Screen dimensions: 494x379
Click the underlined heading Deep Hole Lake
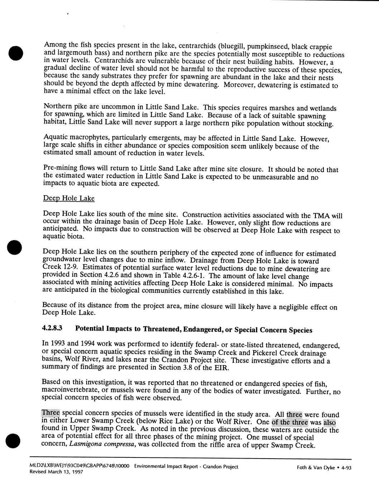coord(68,198)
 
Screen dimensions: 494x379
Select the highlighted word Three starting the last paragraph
coord(51,413)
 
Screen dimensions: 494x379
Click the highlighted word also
coord(329,422)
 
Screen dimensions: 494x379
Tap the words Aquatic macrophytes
coord(72,138)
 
